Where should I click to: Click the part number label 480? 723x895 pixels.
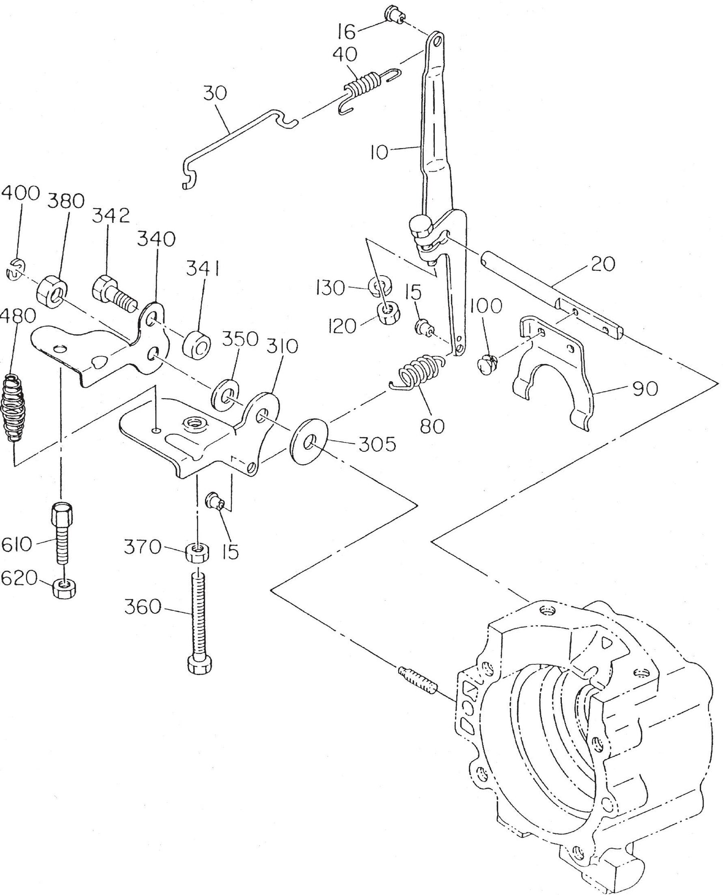click(18, 316)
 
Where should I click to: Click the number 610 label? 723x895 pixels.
click(16, 543)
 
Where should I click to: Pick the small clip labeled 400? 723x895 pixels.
click(15, 273)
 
